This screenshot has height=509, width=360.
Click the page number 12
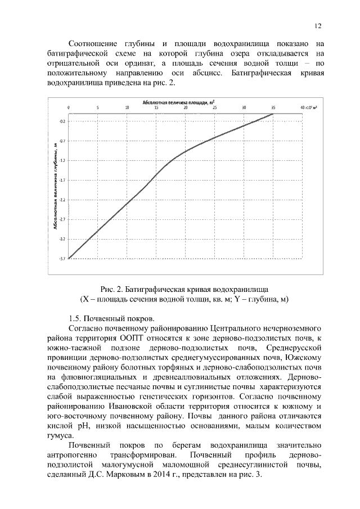[x=318, y=26]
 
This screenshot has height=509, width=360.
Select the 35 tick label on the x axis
[x=273, y=107]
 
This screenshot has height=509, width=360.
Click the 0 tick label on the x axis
[x=69, y=107]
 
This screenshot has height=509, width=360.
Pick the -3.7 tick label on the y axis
[x=62, y=259]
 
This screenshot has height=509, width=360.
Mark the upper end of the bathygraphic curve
[x=273, y=114]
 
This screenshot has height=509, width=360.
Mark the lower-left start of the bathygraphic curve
[x=69, y=258]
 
